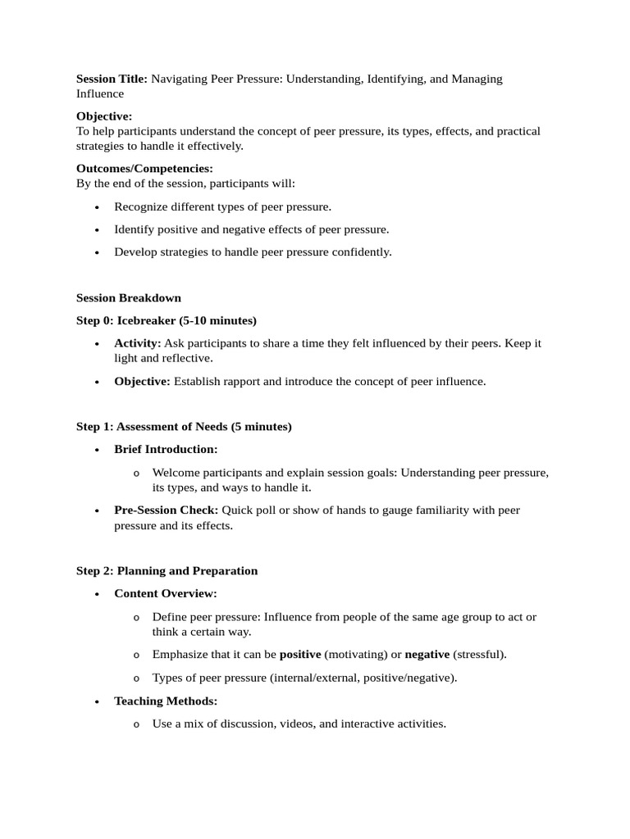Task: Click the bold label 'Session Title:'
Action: point(112,79)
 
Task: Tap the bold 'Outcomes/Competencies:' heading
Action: point(144,168)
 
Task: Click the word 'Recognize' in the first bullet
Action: point(140,206)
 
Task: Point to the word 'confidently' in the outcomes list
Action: point(359,252)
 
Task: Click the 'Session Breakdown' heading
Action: point(129,297)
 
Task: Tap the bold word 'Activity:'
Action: point(137,343)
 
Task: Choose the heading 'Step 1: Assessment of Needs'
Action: point(184,427)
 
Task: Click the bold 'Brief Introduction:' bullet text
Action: point(166,450)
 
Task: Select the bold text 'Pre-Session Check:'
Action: point(166,510)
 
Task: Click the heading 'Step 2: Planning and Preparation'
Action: point(167,571)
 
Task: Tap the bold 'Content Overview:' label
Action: point(166,593)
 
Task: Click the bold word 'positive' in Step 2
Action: point(300,655)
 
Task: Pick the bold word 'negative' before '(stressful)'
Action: point(427,655)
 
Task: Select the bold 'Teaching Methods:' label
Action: point(166,701)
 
